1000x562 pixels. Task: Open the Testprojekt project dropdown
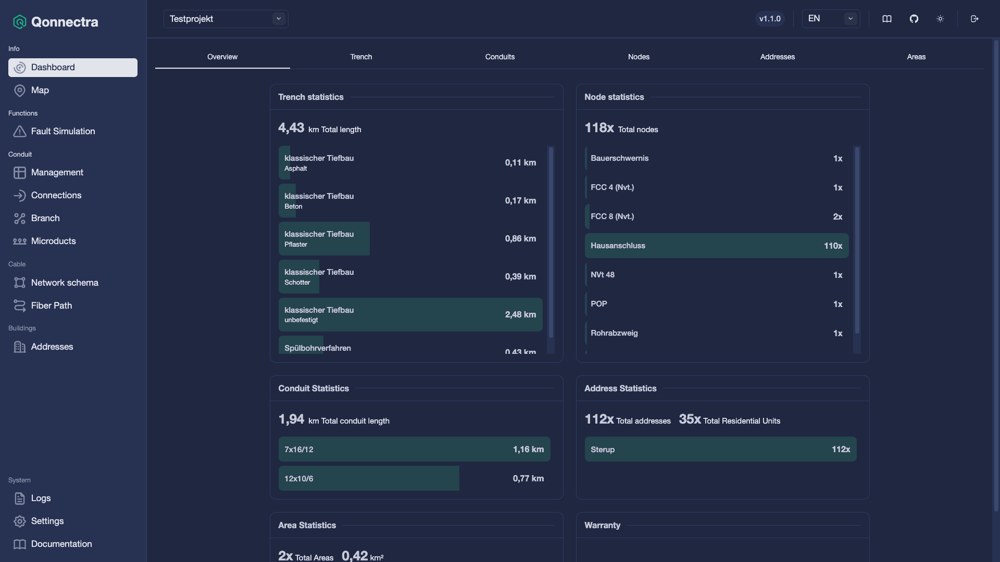tap(226, 19)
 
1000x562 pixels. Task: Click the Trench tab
tap(361, 57)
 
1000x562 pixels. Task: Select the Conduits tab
tap(500, 57)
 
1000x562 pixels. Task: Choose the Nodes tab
tap(639, 57)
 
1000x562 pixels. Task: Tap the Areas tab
tap(916, 57)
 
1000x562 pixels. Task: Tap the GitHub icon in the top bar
tap(914, 19)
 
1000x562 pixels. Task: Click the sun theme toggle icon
tap(940, 19)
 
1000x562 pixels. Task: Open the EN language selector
tap(831, 19)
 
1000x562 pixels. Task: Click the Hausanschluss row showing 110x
tap(717, 246)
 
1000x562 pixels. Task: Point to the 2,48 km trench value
tap(520, 315)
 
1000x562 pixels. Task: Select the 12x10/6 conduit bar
tap(369, 478)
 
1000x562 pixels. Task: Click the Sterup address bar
tap(720, 449)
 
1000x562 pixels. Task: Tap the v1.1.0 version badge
tap(770, 19)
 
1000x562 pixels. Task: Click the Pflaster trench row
tap(410, 239)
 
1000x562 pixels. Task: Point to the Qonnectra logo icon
tap(20, 22)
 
